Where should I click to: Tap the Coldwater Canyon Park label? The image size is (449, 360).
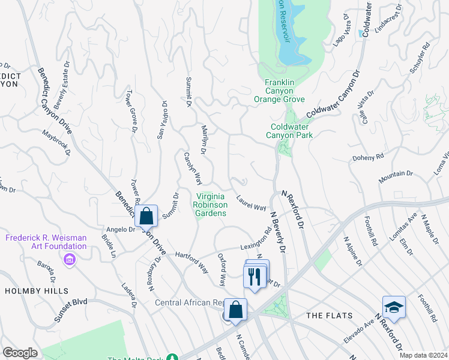click(292, 131)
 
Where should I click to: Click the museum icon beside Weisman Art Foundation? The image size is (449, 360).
click(70, 259)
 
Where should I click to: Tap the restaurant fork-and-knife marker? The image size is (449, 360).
click(254, 276)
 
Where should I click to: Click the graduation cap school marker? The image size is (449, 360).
click(394, 308)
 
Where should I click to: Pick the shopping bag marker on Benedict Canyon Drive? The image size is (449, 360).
click(146, 216)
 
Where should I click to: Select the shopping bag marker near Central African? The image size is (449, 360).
click(237, 310)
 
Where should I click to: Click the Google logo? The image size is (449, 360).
click(20, 353)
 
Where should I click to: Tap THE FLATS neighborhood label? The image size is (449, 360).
click(325, 316)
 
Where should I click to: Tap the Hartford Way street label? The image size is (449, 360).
click(191, 256)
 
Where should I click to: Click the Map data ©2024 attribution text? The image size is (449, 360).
click(424, 355)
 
